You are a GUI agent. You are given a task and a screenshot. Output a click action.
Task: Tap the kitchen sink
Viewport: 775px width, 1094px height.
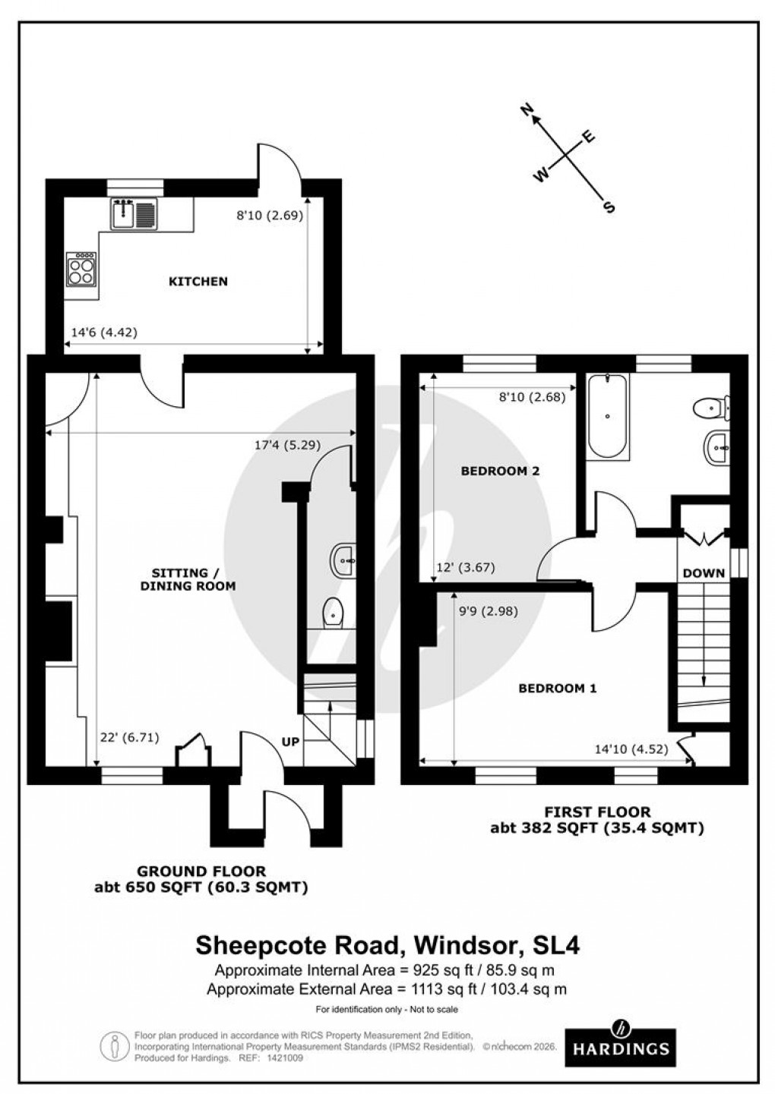click(x=134, y=213)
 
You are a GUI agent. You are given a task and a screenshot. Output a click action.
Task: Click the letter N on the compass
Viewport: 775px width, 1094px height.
click(x=525, y=111)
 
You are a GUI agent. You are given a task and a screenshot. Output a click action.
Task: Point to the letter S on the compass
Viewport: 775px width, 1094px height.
click(x=608, y=207)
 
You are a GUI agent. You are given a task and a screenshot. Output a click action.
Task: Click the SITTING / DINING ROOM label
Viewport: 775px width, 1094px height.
click(x=188, y=579)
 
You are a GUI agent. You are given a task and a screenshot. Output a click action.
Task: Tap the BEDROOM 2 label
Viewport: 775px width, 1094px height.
click(x=500, y=471)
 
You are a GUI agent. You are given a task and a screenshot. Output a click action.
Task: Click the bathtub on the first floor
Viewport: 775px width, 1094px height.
click(x=608, y=416)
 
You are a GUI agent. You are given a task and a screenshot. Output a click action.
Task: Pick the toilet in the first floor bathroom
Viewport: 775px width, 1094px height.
click(x=711, y=408)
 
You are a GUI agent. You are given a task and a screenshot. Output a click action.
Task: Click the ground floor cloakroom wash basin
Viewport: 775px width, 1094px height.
click(x=344, y=560)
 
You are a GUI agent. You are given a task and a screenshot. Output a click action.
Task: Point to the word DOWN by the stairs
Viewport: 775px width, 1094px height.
click(x=704, y=573)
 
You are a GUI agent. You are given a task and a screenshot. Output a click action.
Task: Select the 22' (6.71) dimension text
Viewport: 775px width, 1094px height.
click(x=129, y=737)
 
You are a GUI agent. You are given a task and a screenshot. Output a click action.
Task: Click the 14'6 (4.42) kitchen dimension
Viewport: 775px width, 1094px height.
click(x=103, y=332)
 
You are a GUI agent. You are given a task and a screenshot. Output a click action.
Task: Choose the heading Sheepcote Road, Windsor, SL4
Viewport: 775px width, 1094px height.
click(x=387, y=946)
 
